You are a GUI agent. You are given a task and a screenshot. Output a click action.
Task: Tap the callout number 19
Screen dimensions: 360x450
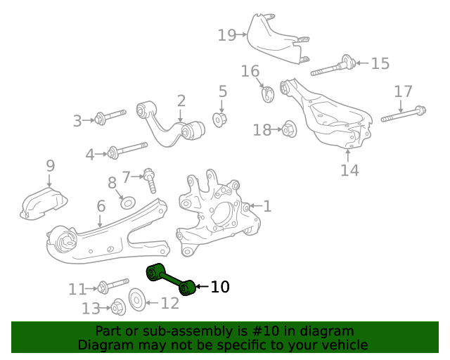[x=226, y=34]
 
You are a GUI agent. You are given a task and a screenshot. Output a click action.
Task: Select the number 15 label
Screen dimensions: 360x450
[x=380, y=64]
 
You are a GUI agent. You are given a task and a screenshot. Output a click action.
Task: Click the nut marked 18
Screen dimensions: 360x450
[x=287, y=129]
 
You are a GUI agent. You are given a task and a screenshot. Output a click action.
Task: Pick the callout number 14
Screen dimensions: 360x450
[x=349, y=170]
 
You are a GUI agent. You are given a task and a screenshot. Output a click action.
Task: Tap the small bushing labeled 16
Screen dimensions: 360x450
[x=268, y=93]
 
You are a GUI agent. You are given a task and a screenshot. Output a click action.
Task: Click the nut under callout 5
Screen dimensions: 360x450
[x=220, y=120]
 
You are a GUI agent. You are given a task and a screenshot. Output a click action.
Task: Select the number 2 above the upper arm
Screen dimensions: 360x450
[x=181, y=101]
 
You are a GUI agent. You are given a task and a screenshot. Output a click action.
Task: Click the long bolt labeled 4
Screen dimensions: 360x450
[x=127, y=150]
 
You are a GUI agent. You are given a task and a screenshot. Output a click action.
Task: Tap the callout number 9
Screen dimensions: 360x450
[x=50, y=166]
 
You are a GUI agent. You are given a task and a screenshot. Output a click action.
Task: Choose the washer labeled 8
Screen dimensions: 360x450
[x=127, y=202]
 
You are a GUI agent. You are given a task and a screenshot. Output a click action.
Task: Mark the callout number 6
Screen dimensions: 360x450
[x=101, y=206]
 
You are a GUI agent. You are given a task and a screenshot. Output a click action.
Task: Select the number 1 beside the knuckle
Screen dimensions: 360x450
[x=267, y=206]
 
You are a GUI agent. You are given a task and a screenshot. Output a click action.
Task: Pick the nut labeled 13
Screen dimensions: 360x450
[x=119, y=308]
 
